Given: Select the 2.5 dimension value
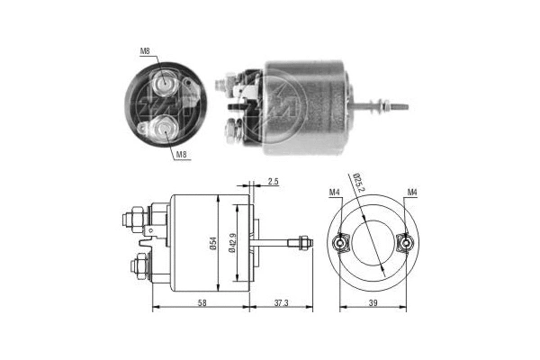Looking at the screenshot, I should click(273, 183).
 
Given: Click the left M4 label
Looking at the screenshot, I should click(334, 192).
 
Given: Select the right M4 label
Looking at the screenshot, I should click(411, 192).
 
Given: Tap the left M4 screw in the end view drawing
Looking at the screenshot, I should click(342, 242).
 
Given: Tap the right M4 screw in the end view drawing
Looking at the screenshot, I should click(405, 242).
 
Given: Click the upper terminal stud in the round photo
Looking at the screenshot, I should click(164, 85).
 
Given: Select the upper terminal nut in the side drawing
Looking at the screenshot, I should click(130, 218).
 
